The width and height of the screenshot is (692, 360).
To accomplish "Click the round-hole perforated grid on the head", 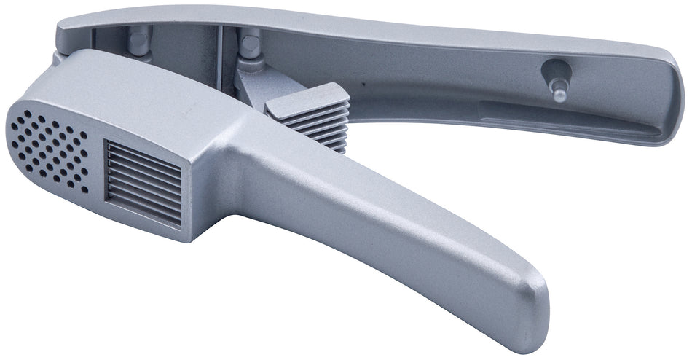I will coord(48,149).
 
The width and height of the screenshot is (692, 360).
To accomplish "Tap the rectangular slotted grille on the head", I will coord(143,182).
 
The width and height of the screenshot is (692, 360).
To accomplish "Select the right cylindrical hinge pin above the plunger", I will coord(250,47).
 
